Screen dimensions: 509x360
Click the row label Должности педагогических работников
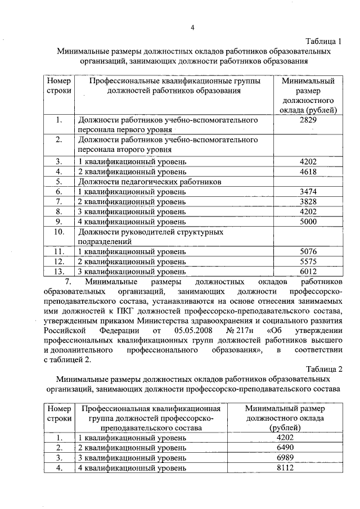click(150, 182)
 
